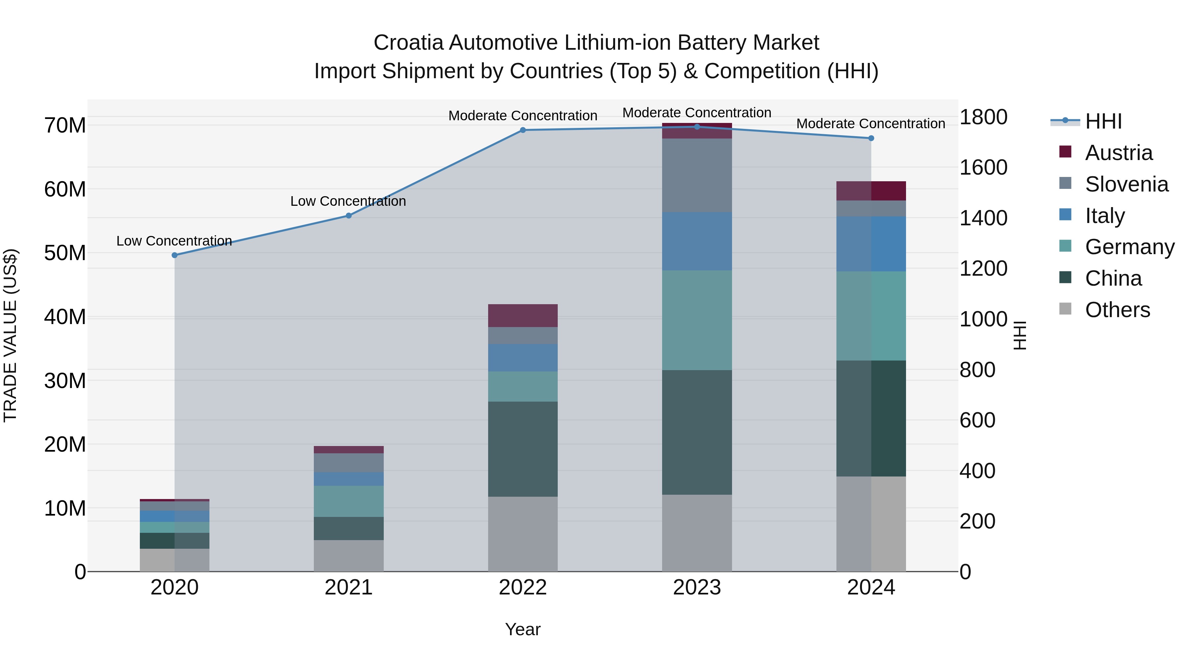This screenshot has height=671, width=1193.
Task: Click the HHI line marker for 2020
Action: tap(175, 255)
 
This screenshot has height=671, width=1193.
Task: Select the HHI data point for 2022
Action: tap(523, 130)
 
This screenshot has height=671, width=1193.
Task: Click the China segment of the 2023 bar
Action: tap(697, 432)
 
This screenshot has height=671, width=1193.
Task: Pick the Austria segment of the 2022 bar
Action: tap(523, 316)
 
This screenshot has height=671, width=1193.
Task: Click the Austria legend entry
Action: tap(1118, 153)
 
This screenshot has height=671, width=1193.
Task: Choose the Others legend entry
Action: tap(1117, 310)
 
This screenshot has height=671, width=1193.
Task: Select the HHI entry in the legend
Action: tap(1103, 121)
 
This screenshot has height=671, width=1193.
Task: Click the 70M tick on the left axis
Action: tap(65, 126)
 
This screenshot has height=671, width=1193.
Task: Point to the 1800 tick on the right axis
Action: tap(983, 117)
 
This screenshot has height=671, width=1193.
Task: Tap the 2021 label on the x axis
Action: tap(349, 587)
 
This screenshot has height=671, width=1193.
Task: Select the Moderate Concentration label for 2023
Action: tap(697, 113)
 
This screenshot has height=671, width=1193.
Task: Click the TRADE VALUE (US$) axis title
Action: tap(10, 335)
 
